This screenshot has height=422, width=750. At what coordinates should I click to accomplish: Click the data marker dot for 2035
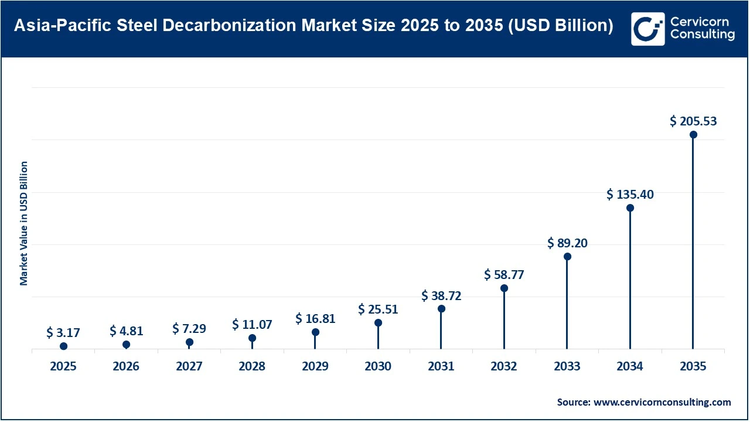693,135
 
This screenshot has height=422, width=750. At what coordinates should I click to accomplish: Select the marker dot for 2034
630,208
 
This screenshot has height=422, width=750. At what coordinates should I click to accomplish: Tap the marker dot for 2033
567,257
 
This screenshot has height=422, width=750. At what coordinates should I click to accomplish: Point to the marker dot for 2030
378,323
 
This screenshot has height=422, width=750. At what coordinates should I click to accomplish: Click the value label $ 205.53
693,121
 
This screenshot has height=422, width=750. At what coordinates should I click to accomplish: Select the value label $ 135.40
630,194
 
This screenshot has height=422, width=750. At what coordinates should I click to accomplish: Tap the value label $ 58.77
504,274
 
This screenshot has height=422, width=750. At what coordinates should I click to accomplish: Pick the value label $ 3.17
63,333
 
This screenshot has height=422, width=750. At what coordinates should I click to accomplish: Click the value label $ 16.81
315,318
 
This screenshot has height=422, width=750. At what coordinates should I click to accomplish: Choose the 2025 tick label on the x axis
63,366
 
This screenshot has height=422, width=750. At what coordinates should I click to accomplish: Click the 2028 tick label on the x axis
252,366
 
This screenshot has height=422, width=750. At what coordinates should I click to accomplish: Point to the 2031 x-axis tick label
441,366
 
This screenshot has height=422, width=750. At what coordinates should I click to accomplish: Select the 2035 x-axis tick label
693,366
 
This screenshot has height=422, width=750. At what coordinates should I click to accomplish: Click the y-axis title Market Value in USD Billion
24,223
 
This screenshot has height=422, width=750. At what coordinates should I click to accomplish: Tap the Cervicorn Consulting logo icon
647,29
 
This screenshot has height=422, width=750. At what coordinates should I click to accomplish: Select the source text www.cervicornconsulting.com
662,402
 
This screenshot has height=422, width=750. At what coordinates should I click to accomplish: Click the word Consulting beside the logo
702,35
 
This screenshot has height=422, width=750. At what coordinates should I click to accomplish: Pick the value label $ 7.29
189,329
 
